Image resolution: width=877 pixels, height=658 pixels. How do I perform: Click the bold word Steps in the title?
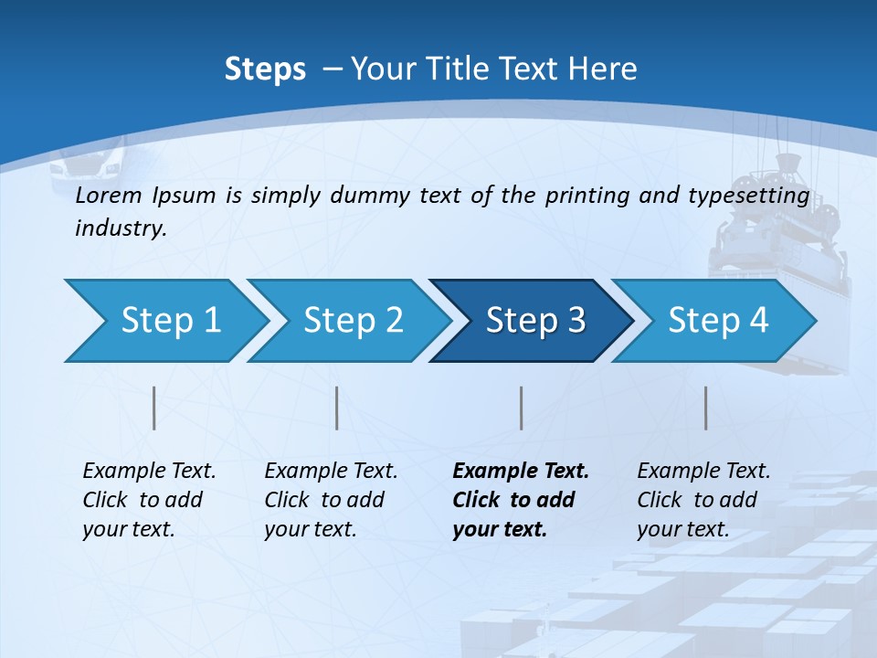(x=265, y=69)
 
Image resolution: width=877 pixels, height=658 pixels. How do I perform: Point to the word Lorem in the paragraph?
(x=110, y=195)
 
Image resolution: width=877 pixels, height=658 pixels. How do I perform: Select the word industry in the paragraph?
(x=121, y=228)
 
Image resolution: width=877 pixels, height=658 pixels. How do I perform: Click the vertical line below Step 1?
(x=154, y=408)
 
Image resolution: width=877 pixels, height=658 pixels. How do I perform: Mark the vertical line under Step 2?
(x=337, y=408)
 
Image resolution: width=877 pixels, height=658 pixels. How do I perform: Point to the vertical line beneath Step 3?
(x=521, y=408)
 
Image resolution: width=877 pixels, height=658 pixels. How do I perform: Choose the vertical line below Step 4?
(x=705, y=408)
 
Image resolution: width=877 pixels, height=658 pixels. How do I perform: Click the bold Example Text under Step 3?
(x=521, y=472)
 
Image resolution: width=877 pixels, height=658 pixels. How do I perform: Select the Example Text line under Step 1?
(x=149, y=472)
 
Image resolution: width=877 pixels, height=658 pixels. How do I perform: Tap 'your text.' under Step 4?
(x=683, y=529)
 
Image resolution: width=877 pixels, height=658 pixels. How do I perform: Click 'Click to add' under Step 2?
(x=324, y=501)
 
